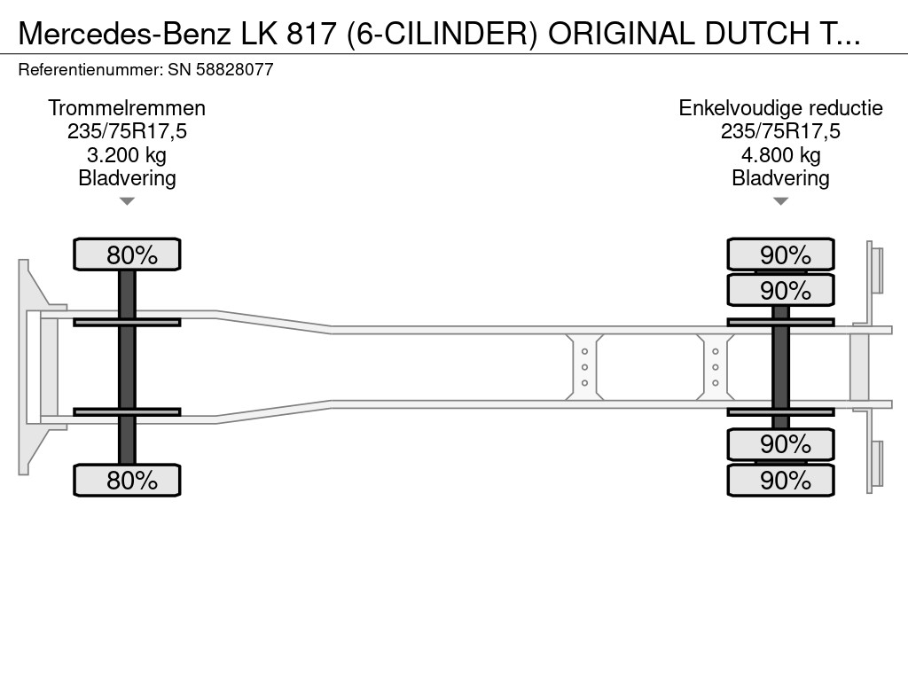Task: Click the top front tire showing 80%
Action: click(x=127, y=254)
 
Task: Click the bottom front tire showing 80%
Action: click(x=127, y=481)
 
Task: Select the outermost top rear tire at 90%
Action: click(x=780, y=254)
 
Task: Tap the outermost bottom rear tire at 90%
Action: click(x=780, y=481)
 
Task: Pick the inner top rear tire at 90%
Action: click(x=780, y=290)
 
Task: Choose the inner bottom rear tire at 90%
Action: click(x=780, y=443)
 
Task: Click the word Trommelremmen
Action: click(x=127, y=108)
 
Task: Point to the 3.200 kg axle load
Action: click(x=127, y=155)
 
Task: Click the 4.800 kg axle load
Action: click(x=780, y=155)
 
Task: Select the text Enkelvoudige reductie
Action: click(x=780, y=108)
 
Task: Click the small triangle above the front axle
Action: click(x=127, y=201)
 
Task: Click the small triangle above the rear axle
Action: click(x=780, y=201)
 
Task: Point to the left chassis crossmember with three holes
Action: click(x=585, y=367)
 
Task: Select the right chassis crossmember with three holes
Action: click(x=715, y=367)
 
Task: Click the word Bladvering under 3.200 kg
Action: click(x=127, y=178)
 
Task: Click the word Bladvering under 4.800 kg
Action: click(x=780, y=178)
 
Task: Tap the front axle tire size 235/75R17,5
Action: click(x=127, y=132)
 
